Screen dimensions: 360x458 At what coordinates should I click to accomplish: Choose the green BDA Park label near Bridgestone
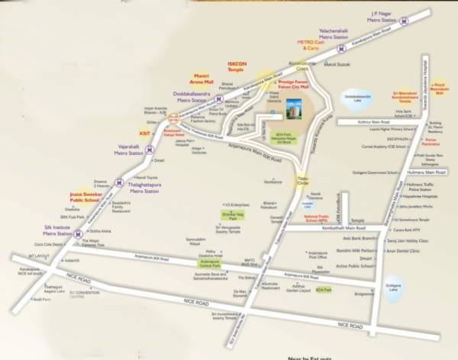324,290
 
